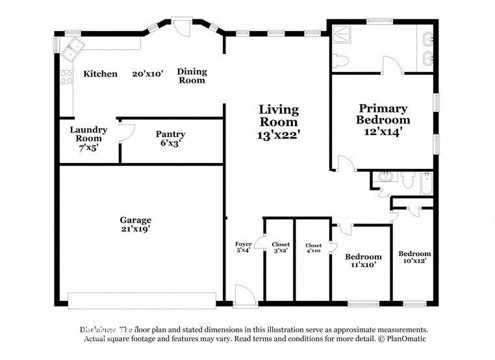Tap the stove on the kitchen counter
point(66,77)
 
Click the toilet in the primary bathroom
point(340,62)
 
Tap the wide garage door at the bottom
point(142,300)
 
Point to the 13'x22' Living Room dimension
point(279,135)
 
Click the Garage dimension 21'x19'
point(135,229)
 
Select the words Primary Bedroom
point(383,114)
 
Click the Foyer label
point(243,244)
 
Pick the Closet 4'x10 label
point(313,248)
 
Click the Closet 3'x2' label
point(281,247)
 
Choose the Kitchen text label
point(101,74)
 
